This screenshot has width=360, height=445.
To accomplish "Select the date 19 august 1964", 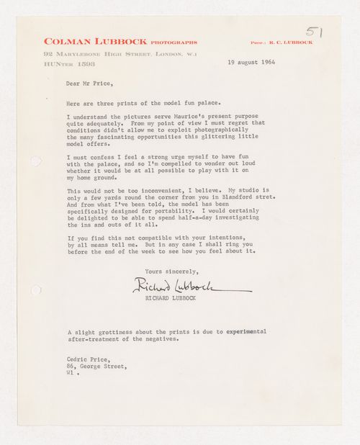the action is coord(252,63).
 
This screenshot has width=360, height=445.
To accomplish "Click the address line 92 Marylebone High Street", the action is coord(120,54).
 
